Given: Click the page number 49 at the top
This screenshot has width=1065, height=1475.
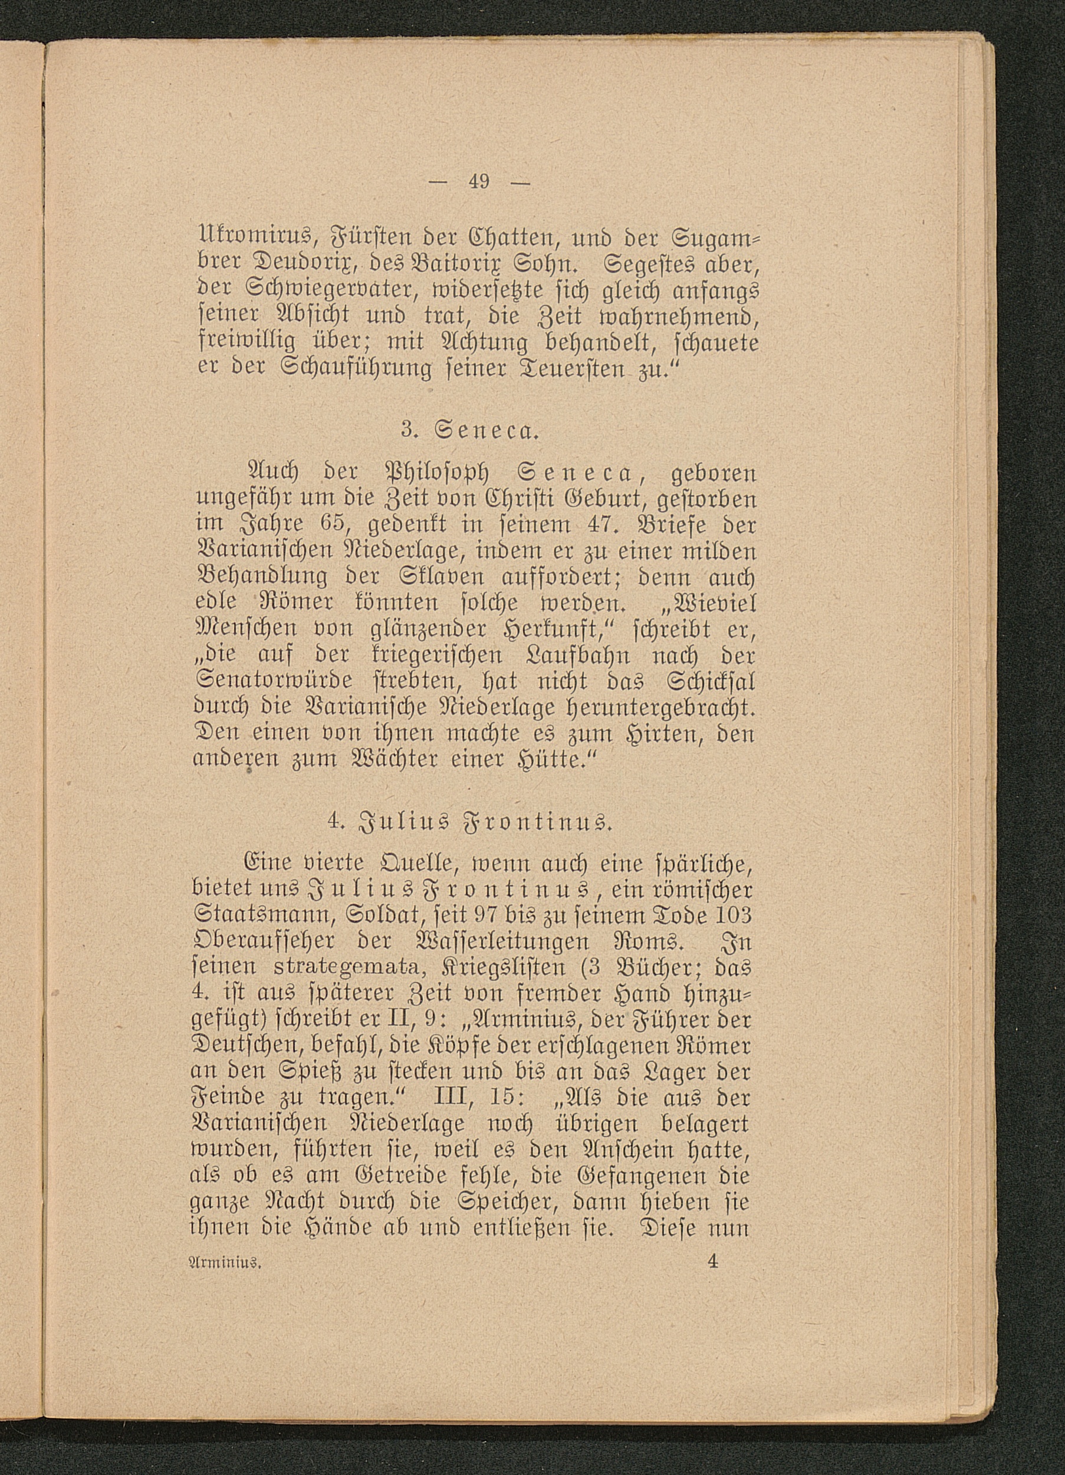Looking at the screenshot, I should pos(480,182).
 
